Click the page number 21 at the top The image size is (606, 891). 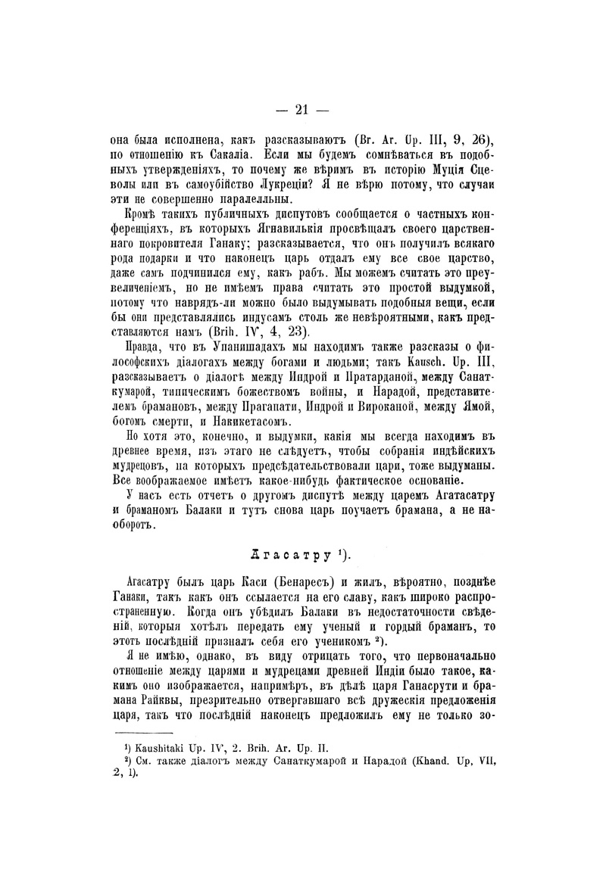click(x=301, y=109)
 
